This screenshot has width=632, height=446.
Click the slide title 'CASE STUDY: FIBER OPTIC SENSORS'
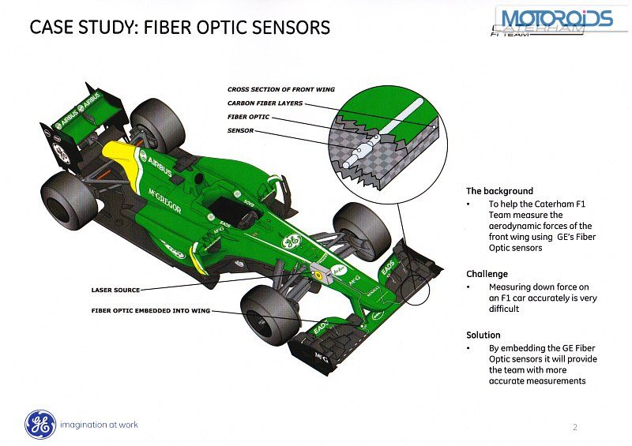point(179,28)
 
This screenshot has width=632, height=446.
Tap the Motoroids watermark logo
point(555,18)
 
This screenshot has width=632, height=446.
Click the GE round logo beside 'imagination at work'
point(39,425)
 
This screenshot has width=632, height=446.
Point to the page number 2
point(574,427)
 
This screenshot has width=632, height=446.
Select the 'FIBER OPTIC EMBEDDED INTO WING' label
point(151,311)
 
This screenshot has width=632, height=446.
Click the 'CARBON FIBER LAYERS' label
point(265,103)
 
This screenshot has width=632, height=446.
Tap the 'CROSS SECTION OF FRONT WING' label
point(281,90)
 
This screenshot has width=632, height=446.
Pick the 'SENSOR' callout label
point(240,130)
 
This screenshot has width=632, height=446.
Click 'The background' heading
point(499,191)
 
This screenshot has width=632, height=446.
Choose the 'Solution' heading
point(483,335)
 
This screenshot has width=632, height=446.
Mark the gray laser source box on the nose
point(321,273)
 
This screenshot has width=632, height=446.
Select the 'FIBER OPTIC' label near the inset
point(248,117)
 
